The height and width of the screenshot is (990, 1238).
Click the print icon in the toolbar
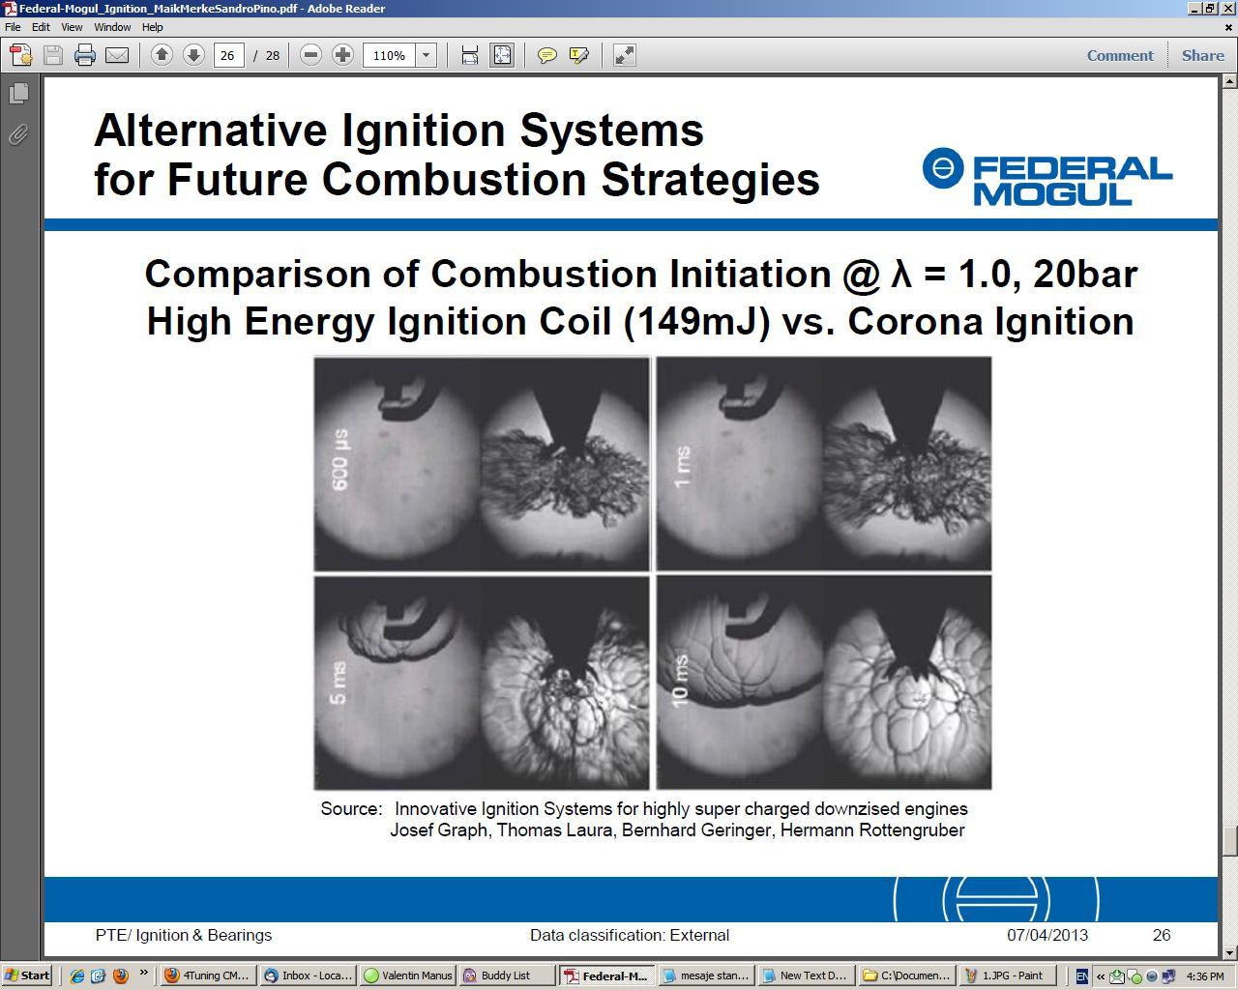click(x=84, y=55)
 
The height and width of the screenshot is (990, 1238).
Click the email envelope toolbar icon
click(x=117, y=55)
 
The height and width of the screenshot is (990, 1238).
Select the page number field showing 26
click(x=228, y=55)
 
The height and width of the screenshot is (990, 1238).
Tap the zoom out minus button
click(x=310, y=55)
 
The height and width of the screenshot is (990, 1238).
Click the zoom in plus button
click(x=342, y=55)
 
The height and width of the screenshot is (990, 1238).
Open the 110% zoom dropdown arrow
click(x=426, y=55)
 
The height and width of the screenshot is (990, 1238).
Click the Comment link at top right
click(x=1119, y=55)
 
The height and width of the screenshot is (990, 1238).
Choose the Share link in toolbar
click(x=1202, y=55)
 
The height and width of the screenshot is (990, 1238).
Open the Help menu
click(x=152, y=27)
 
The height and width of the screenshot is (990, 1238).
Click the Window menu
click(x=112, y=27)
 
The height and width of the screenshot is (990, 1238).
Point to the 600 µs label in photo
click(x=340, y=459)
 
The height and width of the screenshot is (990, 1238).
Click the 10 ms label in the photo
click(x=680, y=681)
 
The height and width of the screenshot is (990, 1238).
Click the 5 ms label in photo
click(x=338, y=683)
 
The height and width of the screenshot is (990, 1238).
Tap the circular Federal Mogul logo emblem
click(x=942, y=168)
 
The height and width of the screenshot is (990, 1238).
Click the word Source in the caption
click(x=351, y=808)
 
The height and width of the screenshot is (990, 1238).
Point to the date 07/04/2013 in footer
click(x=1047, y=935)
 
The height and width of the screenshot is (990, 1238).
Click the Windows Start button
click(x=27, y=975)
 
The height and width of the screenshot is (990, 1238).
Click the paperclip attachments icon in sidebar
click(x=18, y=134)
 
